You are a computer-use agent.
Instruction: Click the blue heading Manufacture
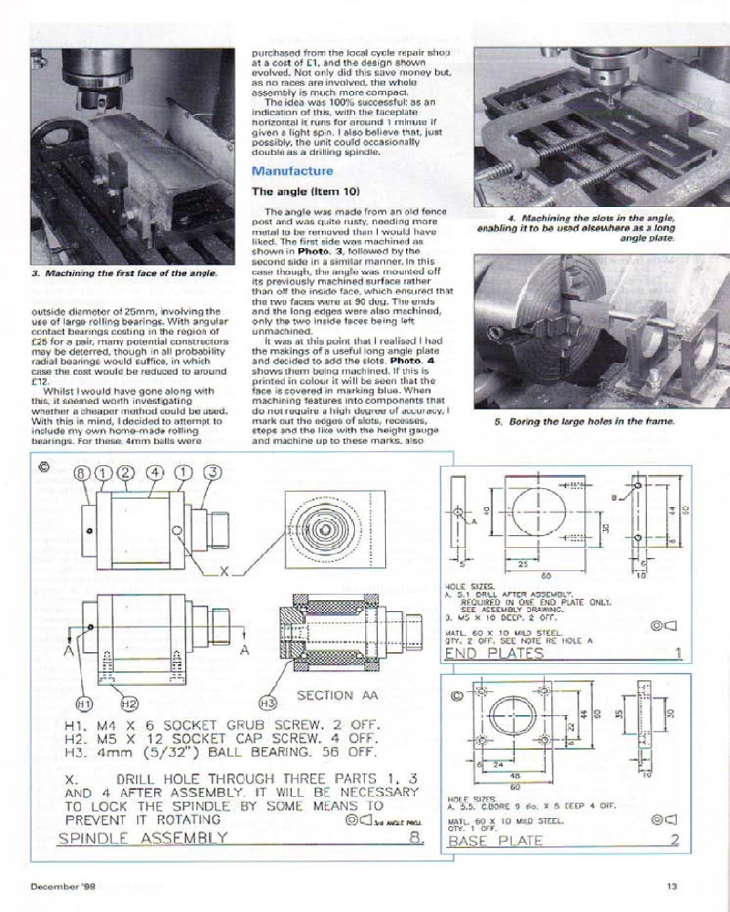[292, 171]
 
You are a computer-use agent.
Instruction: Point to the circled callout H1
[83, 703]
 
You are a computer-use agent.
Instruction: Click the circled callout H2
[129, 703]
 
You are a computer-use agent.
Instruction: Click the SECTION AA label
[338, 695]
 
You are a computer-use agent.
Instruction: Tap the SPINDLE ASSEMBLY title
[142, 837]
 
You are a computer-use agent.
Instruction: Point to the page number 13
[671, 885]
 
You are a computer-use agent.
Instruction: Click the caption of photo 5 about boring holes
[585, 422]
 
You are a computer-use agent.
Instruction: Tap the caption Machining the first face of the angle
[125, 274]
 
